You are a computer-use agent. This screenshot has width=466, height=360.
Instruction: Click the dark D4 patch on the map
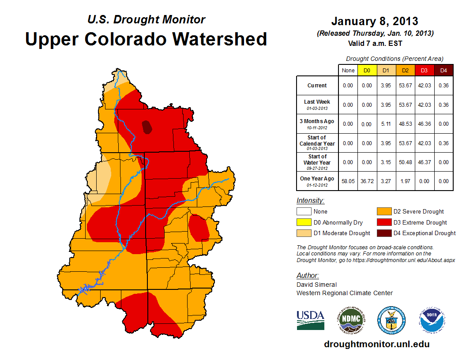click(147, 127)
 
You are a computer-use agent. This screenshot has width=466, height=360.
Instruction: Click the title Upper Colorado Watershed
click(146, 39)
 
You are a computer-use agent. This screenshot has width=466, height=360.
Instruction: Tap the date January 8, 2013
click(375, 22)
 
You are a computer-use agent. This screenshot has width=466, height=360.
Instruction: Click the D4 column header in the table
click(444, 71)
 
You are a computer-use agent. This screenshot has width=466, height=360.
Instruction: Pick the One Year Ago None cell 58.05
click(348, 181)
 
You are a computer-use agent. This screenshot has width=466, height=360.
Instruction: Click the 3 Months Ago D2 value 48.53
click(406, 124)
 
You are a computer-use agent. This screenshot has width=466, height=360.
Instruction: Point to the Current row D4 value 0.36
click(444, 86)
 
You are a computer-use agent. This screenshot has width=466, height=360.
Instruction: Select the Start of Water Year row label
click(317, 162)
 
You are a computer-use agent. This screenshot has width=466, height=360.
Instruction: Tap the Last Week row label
click(317, 104)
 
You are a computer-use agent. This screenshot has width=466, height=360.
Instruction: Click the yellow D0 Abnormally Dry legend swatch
click(304, 222)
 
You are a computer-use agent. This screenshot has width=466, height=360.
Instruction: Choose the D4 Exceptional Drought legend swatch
click(383, 233)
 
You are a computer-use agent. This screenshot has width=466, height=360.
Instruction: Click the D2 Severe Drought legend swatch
click(383, 211)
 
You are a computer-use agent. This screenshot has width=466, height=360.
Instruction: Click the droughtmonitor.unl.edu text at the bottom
click(376, 344)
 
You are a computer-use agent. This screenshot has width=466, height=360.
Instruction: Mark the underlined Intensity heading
click(310, 201)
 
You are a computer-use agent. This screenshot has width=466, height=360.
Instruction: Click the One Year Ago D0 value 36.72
click(367, 181)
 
